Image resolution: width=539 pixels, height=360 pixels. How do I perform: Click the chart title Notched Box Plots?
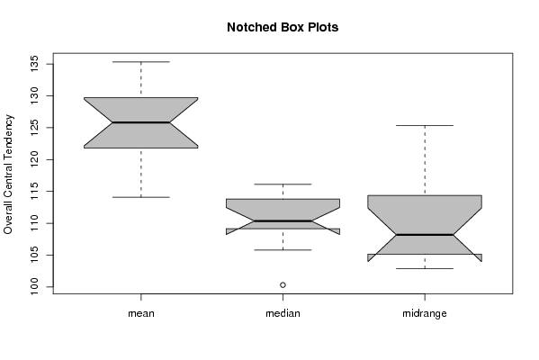(x=283, y=27)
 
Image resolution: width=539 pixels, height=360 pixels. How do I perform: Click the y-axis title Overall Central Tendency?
(x=8, y=175)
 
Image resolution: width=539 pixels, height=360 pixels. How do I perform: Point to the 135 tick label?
(x=35, y=64)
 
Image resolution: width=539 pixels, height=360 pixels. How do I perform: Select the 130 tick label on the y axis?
(x=35, y=95)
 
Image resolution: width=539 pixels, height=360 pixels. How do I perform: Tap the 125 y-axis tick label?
(x=35, y=128)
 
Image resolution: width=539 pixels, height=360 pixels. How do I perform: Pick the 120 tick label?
(x=35, y=159)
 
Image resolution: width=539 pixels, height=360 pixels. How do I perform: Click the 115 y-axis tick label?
(x=35, y=191)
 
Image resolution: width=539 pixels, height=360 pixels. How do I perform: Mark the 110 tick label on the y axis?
(x=35, y=223)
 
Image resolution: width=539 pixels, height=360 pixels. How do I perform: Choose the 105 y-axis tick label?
(x=35, y=255)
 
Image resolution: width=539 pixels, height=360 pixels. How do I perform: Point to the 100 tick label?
(x=35, y=287)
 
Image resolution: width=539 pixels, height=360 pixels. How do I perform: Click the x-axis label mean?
(x=141, y=313)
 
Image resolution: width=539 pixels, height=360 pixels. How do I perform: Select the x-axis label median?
(x=283, y=313)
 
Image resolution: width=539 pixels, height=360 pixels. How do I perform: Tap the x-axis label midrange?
(x=425, y=313)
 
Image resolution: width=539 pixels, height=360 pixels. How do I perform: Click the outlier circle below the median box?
(x=283, y=284)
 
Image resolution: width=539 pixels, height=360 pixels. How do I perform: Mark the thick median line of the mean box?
(x=141, y=122)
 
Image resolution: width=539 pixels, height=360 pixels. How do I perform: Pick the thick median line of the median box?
(x=283, y=220)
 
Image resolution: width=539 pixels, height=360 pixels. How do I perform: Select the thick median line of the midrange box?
(x=425, y=235)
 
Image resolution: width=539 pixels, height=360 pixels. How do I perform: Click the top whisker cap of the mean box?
(x=141, y=62)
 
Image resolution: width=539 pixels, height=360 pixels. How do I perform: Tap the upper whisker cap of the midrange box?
(x=425, y=125)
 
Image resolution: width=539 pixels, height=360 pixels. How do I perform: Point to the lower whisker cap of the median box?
(x=283, y=250)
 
